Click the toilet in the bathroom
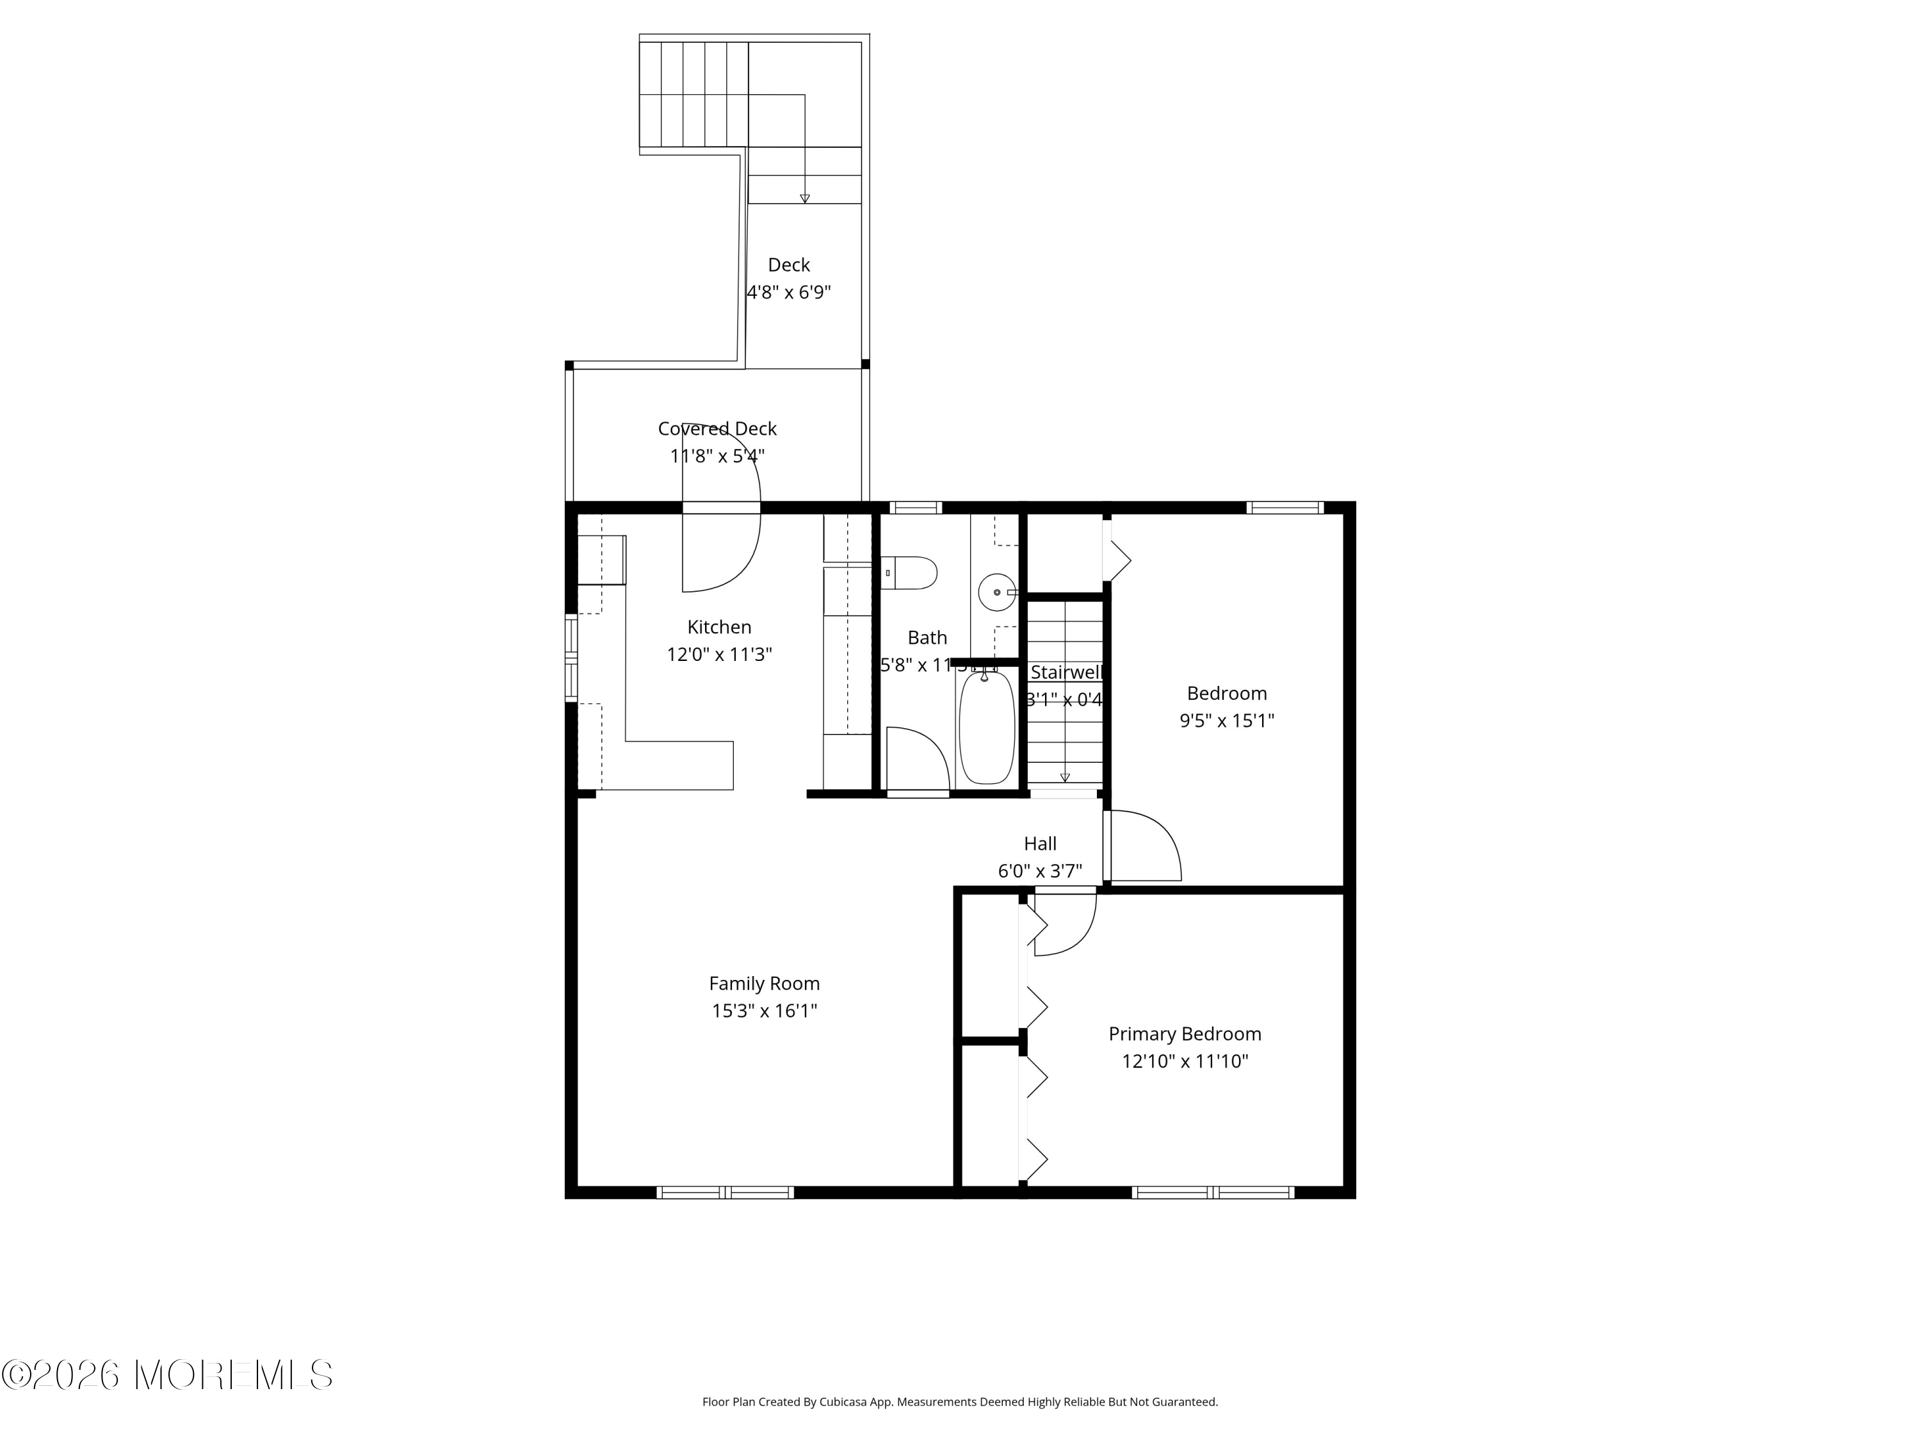tap(910, 573)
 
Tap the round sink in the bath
tap(996, 592)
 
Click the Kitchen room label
tap(719, 627)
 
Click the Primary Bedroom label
tap(1185, 1034)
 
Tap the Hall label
tap(1039, 843)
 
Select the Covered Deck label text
tap(717, 428)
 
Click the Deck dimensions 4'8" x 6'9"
tap(788, 292)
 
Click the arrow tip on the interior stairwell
tap(1065, 778)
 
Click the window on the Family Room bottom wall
tap(725, 1193)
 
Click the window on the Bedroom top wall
tap(1285, 507)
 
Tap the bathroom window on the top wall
tap(915, 507)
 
